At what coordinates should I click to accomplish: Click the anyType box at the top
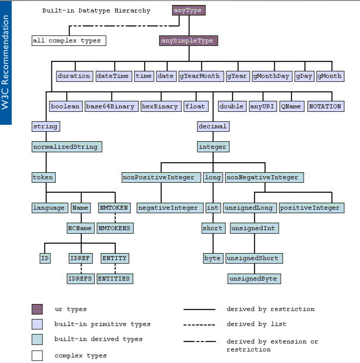(x=188, y=10)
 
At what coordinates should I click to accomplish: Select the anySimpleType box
(x=188, y=40)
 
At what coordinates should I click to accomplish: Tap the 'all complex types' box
(x=69, y=40)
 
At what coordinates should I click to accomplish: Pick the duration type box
(x=74, y=76)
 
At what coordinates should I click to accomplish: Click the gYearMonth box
(x=200, y=76)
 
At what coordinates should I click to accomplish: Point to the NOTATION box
(x=325, y=106)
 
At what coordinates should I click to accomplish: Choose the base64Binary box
(x=110, y=106)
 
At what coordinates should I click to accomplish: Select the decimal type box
(x=213, y=126)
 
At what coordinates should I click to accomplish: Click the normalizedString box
(x=67, y=147)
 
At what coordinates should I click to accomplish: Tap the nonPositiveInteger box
(x=161, y=177)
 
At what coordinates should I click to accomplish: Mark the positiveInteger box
(x=310, y=208)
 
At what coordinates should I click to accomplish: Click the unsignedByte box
(x=253, y=278)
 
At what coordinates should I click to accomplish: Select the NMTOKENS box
(x=115, y=228)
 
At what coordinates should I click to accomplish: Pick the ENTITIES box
(x=115, y=278)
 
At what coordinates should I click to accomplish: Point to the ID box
(x=45, y=258)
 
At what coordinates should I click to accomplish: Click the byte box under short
(x=212, y=258)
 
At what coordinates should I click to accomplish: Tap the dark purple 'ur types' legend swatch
(x=37, y=310)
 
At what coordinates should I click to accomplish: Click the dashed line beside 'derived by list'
(x=200, y=325)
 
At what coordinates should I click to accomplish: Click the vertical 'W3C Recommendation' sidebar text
(x=5, y=62)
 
